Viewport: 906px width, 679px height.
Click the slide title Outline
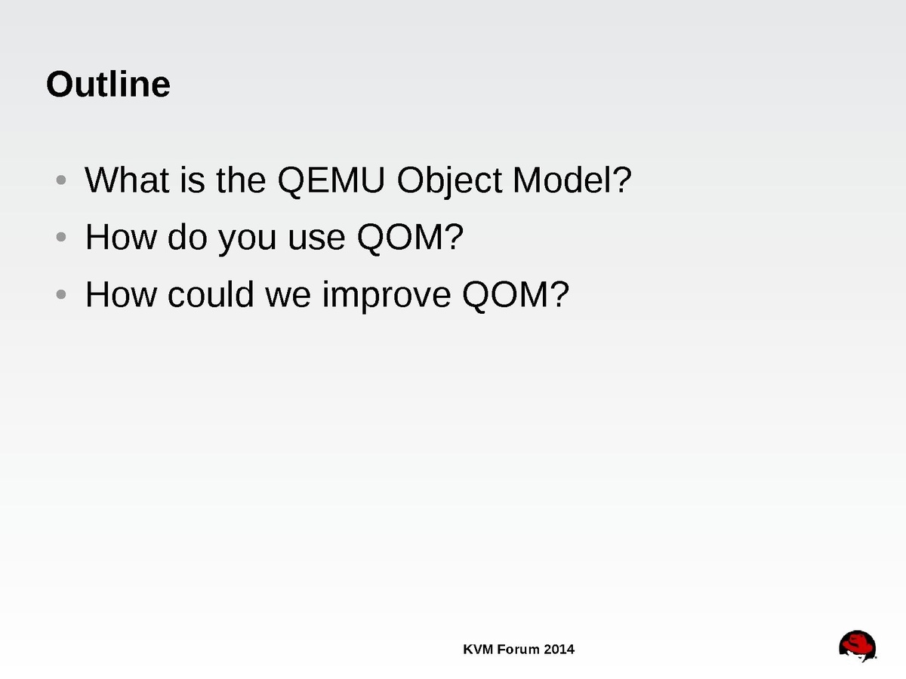click(108, 84)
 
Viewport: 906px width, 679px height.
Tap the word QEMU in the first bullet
click(331, 180)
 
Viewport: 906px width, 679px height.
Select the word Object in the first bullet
click(449, 181)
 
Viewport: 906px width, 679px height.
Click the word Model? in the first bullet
click(572, 180)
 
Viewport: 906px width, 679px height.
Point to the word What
click(127, 180)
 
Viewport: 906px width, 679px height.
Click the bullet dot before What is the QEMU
click(61, 180)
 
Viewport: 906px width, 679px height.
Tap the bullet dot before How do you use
click(61, 237)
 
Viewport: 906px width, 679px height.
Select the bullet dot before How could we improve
click(61, 294)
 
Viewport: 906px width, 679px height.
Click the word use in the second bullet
click(316, 238)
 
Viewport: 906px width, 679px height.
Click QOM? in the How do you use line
click(410, 238)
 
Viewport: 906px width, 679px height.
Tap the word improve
click(387, 296)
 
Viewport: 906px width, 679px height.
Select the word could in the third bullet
click(211, 294)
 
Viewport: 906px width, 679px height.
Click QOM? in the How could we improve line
click(516, 295)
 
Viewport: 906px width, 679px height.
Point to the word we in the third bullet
click(288, 296)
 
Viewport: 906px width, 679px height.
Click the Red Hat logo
click(857, 646)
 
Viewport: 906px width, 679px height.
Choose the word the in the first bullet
click(241, 180)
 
